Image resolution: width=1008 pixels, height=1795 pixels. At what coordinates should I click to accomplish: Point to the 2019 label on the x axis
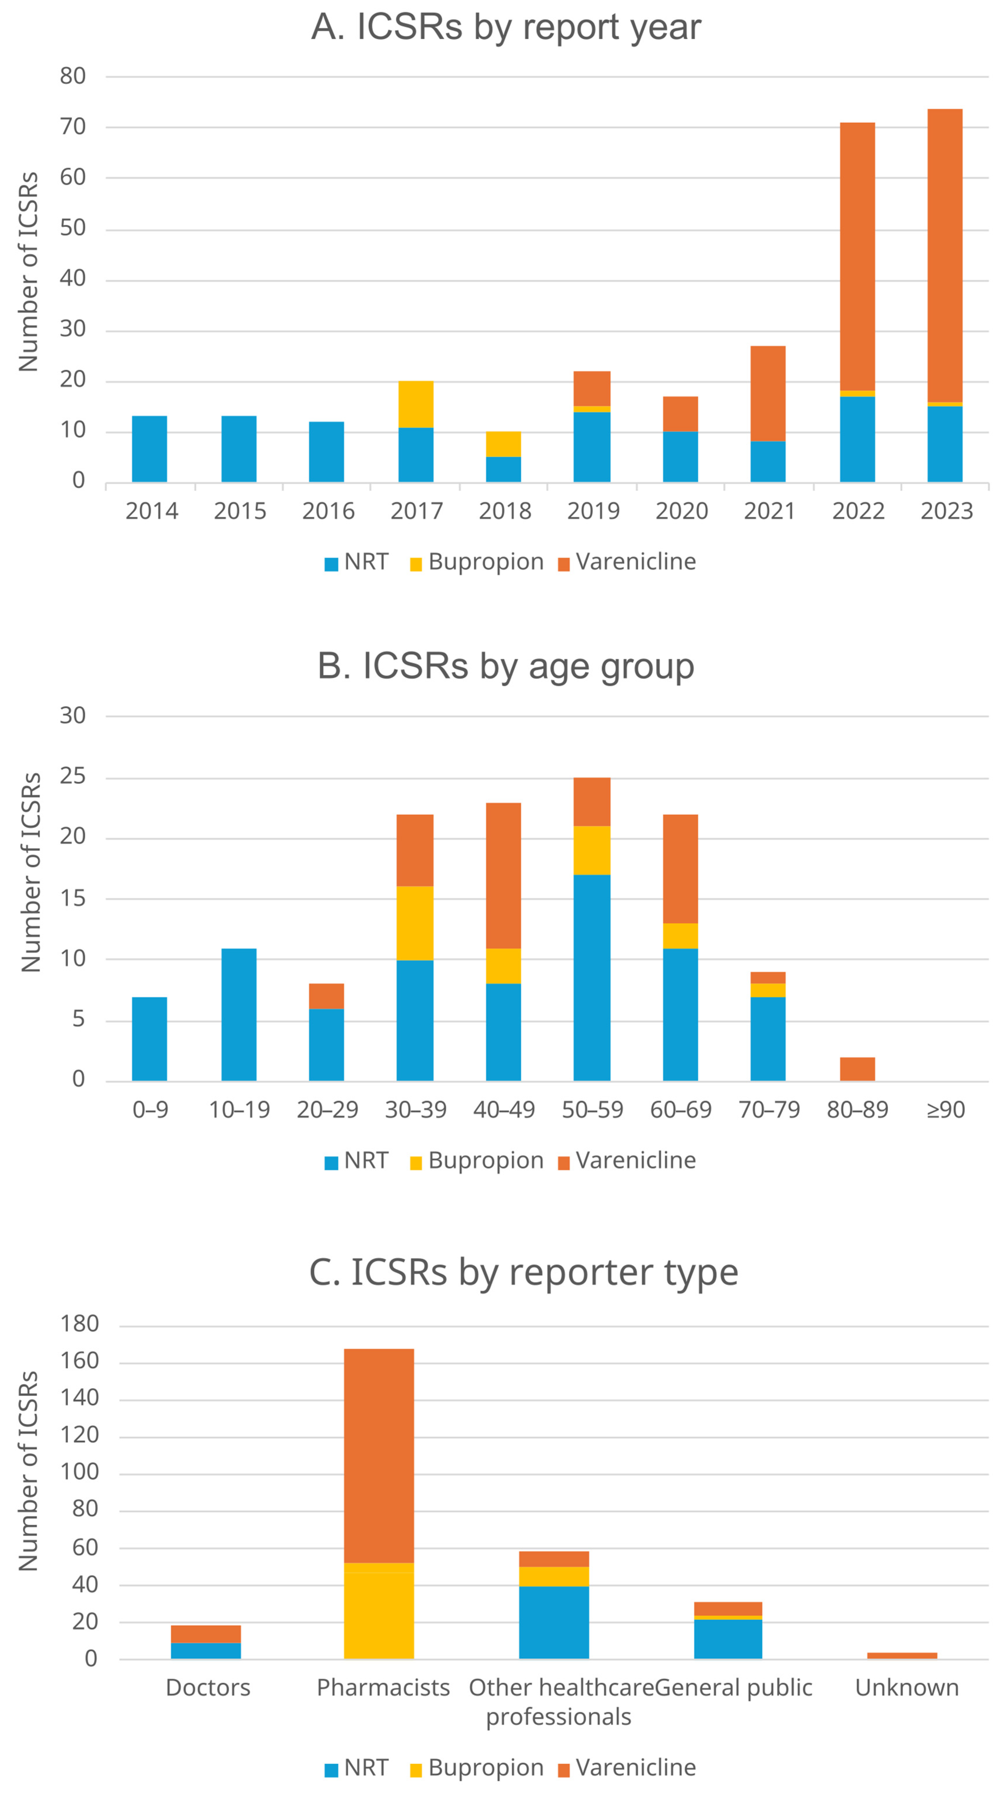[593, 511]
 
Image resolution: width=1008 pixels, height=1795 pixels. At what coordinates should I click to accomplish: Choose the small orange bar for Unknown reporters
[902, 1656]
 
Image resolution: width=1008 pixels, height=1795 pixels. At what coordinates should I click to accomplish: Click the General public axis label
[733, 1688]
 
